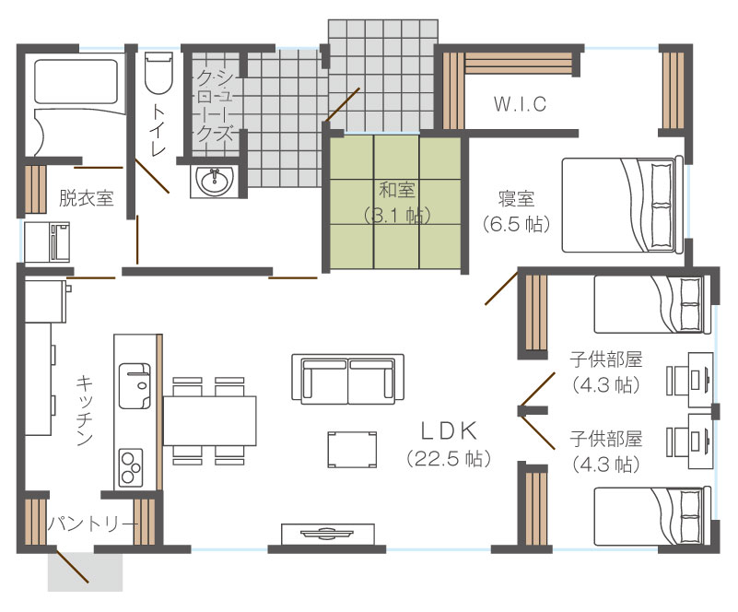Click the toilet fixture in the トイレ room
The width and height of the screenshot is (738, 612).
click(x=158, y=74)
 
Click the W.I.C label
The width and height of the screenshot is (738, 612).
click(x=520, y=103)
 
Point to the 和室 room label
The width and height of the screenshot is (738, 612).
click(x=397, y=190)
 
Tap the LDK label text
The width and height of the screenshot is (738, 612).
click(x=449, y=430)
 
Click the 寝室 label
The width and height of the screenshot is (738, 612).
click(x=516, y=199)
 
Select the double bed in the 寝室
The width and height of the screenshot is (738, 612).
click(x=623, y=206)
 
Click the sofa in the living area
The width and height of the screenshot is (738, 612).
click(x=348, y=379)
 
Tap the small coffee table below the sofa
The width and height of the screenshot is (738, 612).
click(x=353, y=449)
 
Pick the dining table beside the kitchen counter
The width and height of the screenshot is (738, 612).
click(x=209, y=420)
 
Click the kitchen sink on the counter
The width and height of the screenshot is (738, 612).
click(x=135, y=385)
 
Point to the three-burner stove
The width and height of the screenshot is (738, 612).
click(x=132, y=467)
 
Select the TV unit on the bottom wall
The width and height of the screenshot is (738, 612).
click(x=328, y=534)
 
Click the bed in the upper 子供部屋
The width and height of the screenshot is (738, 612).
click(x=652, y=304)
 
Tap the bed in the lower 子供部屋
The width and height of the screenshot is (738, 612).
click(x=652, y=516)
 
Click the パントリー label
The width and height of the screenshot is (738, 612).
click(x=94, y=524)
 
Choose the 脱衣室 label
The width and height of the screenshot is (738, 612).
click(x=86, y=198)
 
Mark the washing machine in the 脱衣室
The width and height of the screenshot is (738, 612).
click(x=47, y=242)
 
